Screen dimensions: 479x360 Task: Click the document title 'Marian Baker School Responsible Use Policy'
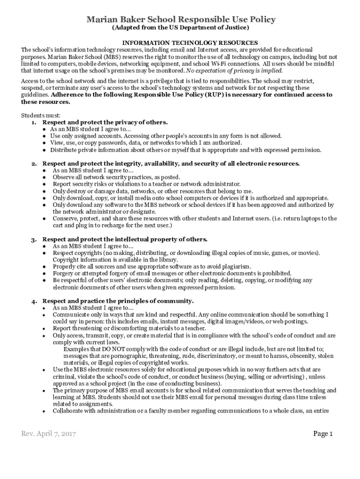[x=181, y=20]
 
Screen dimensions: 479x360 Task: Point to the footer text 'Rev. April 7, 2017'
[x=49, y=434]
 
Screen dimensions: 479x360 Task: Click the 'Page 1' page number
[x=323, y=434]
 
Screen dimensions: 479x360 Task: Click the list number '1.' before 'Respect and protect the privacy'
[x=34, y=123]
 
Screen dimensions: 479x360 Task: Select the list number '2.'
[x=34, y=164]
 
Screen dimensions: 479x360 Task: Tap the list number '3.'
[x=34, y=239]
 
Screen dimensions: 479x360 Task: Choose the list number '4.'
[x=34, y=301]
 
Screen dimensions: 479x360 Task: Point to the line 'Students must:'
[x=41, y=116]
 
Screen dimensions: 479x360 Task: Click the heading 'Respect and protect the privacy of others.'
[x=105, y=123]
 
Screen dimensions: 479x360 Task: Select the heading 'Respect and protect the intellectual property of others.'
[x=125, y=239]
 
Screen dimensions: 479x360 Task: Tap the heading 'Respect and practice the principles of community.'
[x=118, y=301]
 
